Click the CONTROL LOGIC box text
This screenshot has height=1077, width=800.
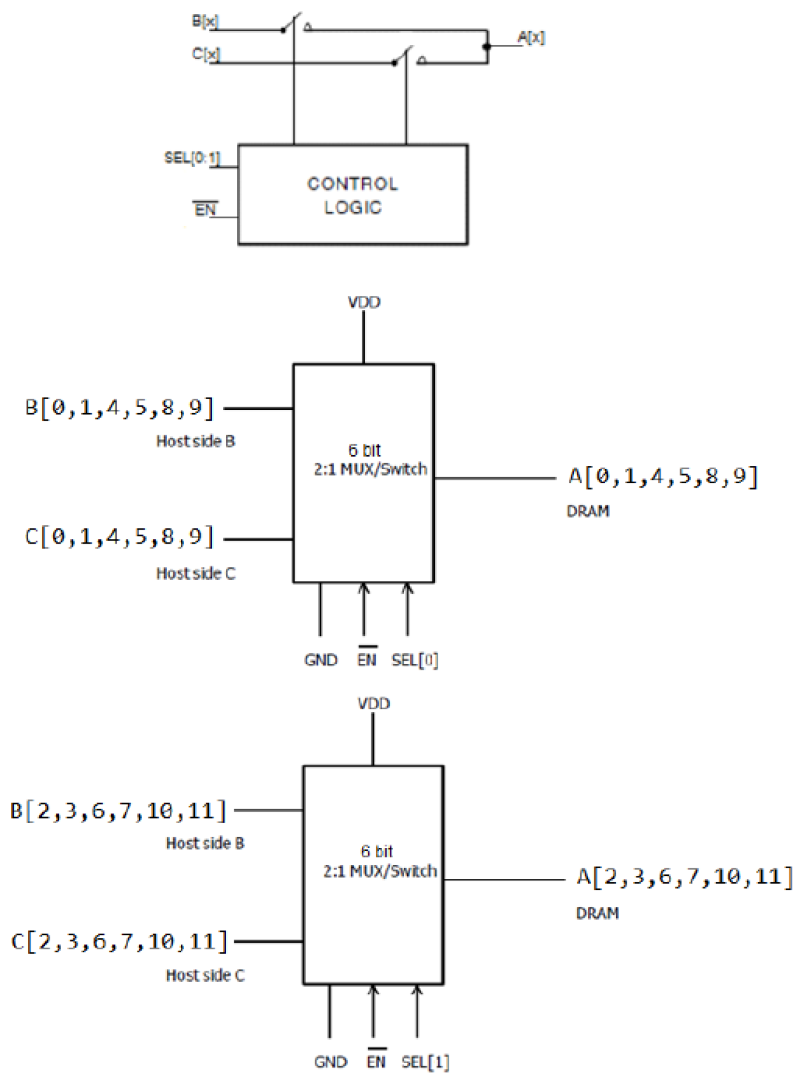[352, 195]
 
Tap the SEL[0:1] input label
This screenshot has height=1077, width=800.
[192, 157]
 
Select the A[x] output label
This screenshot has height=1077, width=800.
[531, 37]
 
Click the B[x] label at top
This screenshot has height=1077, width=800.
[205, 21]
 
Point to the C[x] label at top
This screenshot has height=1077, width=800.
[206, 53]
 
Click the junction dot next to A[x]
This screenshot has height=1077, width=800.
[487, 46]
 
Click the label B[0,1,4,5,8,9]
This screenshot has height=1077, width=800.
[119, 407]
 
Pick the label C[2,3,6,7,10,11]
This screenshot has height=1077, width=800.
[119, 941]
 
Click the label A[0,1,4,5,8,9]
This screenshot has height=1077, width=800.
[663, 476]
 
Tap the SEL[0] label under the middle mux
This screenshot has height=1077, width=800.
[415, 660]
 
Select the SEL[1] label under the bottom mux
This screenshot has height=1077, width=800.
[425, 1062]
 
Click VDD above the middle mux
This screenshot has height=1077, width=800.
[364, 302]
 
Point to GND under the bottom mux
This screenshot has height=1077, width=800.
[330, 1062]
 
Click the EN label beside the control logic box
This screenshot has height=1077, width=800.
[205, 209]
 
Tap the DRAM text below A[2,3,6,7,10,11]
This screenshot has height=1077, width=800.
[597, 913]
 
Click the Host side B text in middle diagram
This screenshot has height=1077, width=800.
[196, 441]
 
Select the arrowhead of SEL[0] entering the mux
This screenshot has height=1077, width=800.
[408, 588]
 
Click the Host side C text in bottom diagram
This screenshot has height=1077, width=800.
[205, 975]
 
